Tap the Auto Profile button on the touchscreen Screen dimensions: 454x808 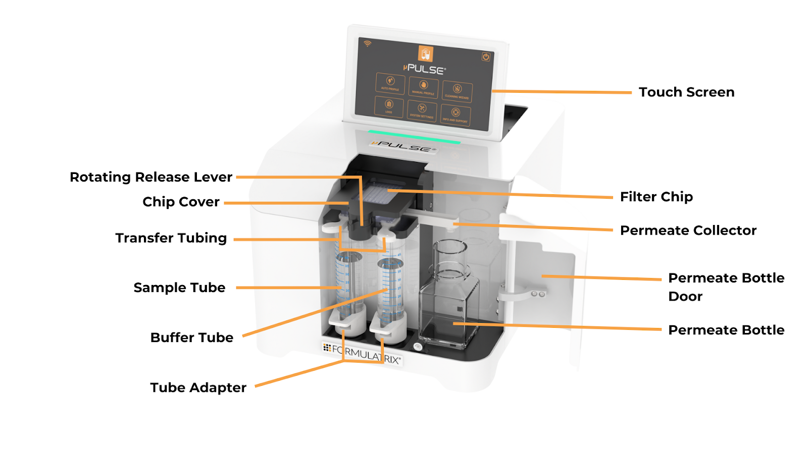coord(390,83)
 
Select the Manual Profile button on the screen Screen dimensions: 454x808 coord(423,87)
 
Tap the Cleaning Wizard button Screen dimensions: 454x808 coord(457,91)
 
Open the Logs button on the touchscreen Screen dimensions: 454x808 coord(389,106)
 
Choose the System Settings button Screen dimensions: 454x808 coord(422,110)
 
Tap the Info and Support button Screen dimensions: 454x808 coord(456,115)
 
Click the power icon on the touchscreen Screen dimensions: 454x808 coord(486,57)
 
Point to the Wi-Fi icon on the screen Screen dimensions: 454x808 coord(368,44)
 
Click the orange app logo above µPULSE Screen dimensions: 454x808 coord(426,53)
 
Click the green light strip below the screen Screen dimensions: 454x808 coord(414,137)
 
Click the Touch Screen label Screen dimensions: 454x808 coord(686,92)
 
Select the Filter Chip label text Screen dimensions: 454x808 coord(656,197)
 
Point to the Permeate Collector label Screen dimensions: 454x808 coord(688,231)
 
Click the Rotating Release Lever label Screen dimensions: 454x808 coord(151,177)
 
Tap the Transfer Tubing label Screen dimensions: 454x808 coord(171,238)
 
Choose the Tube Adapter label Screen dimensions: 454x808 coord(198,387)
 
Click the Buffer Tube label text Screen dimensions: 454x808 coord(192,337)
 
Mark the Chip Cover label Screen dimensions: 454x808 coord(181,202)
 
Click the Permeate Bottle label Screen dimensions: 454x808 coord(726,330)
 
